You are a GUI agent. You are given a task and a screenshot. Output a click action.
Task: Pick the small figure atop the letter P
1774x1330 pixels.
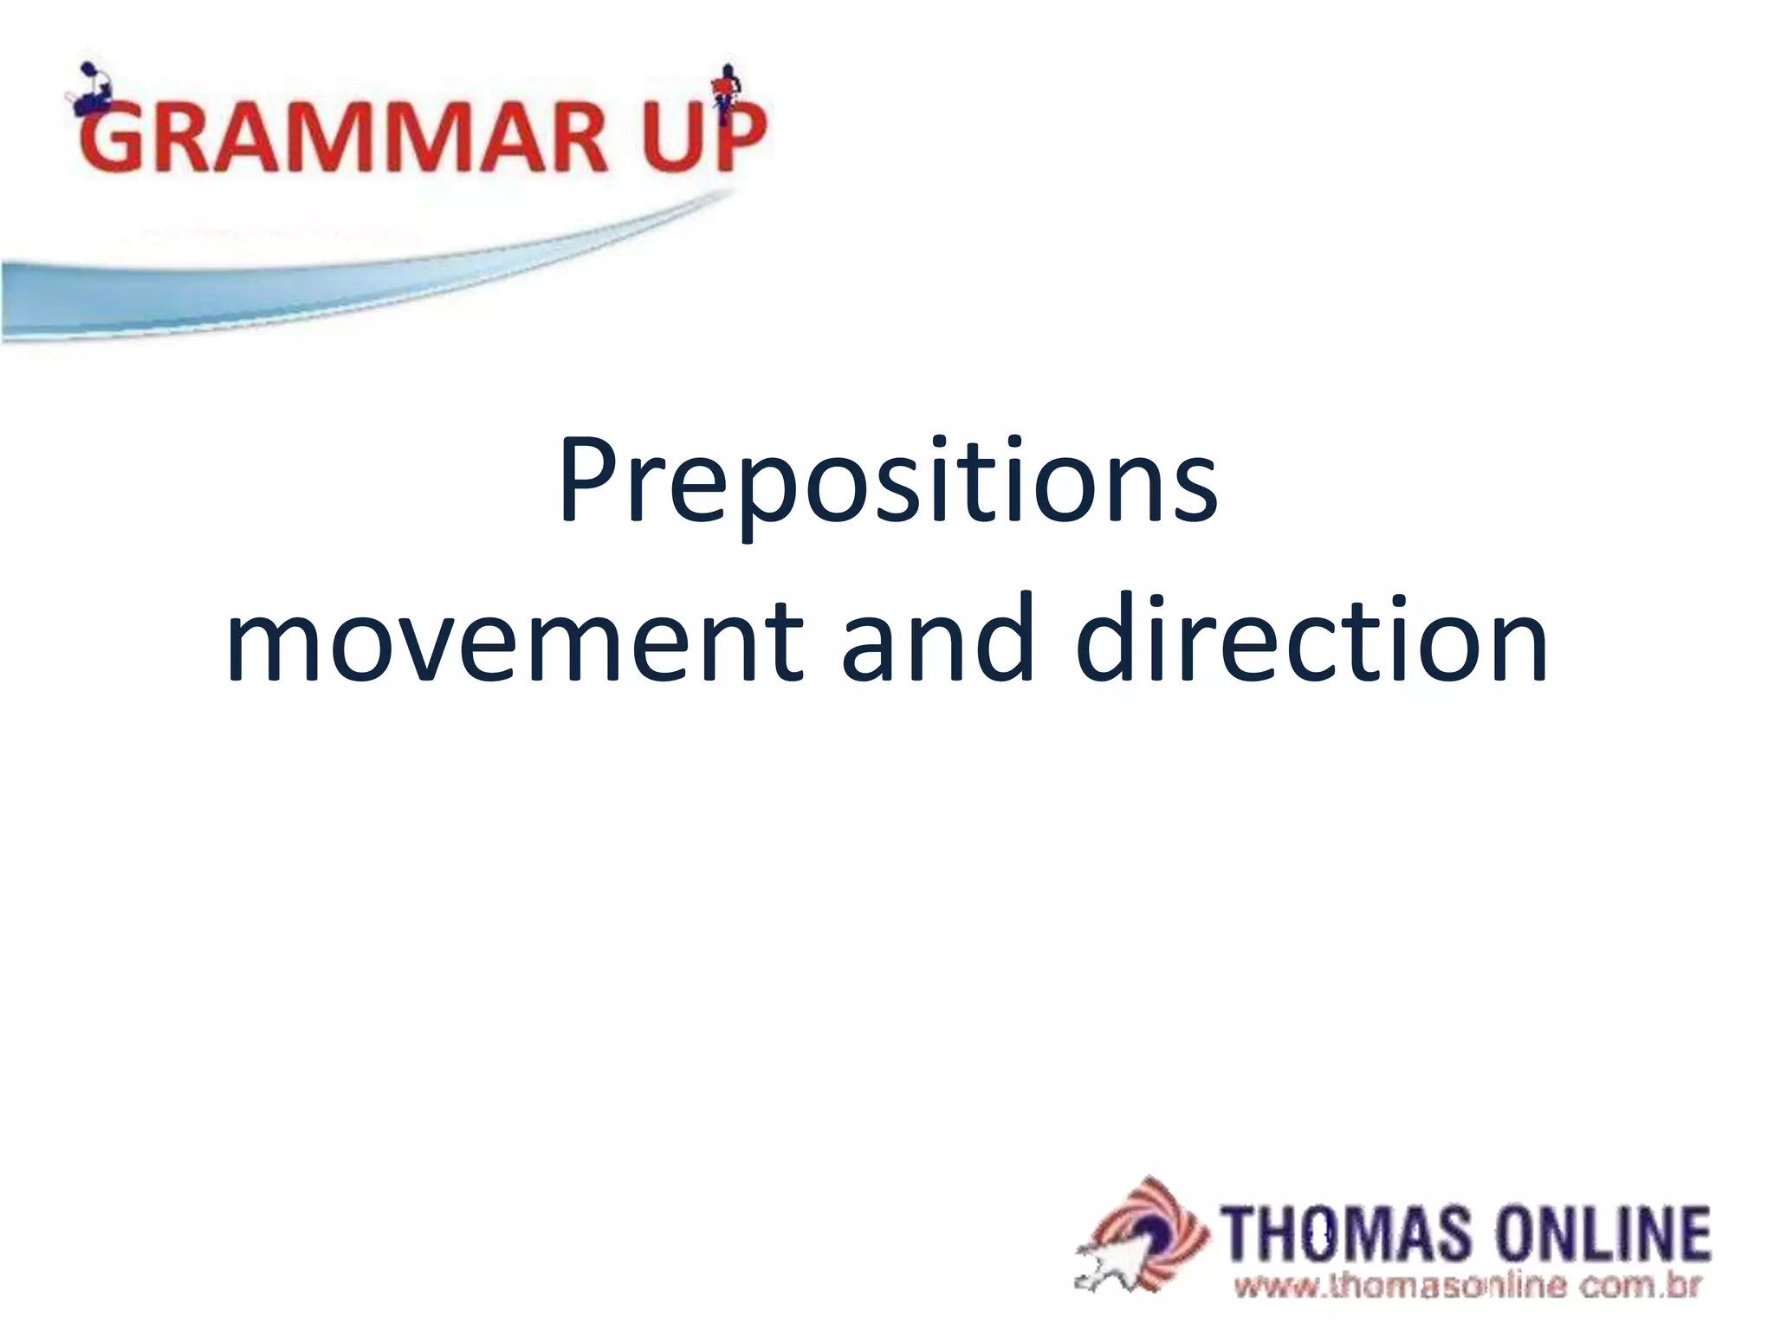[726, 84]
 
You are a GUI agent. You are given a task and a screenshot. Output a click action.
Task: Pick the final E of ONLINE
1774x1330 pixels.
[1693, 1234]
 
